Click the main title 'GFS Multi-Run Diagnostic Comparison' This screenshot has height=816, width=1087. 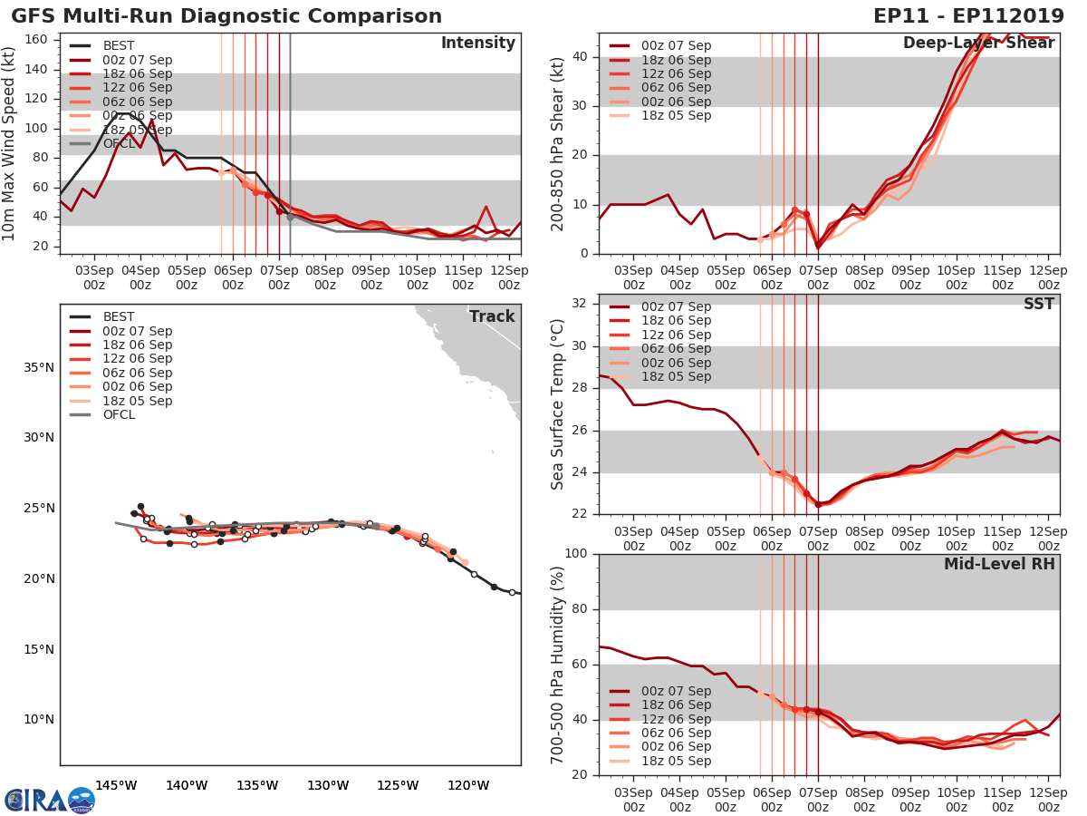226,16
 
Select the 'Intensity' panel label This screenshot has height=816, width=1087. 477,44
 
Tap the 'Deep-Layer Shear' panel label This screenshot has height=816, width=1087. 978,44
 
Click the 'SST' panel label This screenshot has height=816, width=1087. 1038,304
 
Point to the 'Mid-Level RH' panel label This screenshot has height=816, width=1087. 999,564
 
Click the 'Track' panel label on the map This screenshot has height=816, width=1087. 492,316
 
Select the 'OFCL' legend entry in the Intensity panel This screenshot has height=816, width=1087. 119,144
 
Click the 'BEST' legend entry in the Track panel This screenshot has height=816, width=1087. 119,316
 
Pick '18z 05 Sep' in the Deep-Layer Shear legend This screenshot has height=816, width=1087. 676,116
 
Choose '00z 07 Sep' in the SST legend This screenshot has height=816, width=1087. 676,306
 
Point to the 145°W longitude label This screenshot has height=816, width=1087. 116,785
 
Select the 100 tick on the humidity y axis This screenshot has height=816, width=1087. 577,554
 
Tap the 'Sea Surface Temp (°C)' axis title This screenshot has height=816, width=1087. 558,404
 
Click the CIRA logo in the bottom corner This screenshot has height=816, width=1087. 49,800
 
